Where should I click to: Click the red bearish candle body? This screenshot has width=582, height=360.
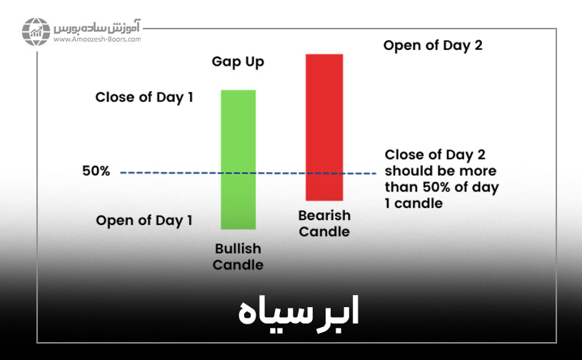pyautogui.click(x=324, y=126)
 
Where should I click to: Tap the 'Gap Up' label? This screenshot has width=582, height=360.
pyautogui.click(x=238, y=62)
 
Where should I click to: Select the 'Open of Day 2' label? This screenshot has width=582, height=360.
pyautogui.click(x=433, y=46)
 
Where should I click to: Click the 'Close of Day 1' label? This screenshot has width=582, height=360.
pyautogui.click(x=144, y=97)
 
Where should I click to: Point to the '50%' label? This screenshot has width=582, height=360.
pyautogui.click(x=96, y=172)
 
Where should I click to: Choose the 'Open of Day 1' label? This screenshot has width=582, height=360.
pyautogui.click(x=144, y=220)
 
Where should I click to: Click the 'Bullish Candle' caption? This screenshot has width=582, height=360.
pyautogui.click(x=239, y=257)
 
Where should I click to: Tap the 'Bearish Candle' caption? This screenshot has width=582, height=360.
pyautogui.click(x=324, y=223)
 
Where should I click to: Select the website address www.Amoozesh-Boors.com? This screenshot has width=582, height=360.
pyautogui.click(x=96, y=40)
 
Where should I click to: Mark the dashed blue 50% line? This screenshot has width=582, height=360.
pyautogui.click(x=179, y=173)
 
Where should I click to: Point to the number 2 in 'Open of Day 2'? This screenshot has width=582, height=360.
pyautogui.click(x=478, y=46)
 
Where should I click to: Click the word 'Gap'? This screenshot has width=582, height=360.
pyautogui.click(x=224, y=62)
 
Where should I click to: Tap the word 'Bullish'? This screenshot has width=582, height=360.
pyautogui.click(x=239, y=249)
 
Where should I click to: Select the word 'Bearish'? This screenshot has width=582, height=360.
pyautogui.click(x=324, y=215)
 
